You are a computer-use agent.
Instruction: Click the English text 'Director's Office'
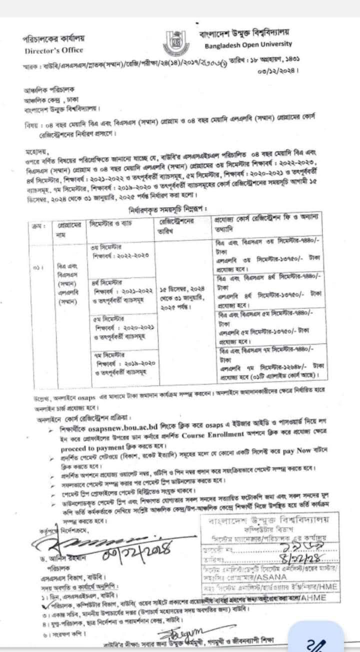47,50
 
